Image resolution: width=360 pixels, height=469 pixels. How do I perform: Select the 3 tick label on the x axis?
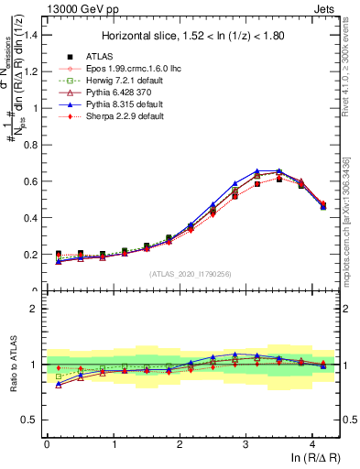246,445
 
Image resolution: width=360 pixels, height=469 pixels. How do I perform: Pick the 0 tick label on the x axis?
47,445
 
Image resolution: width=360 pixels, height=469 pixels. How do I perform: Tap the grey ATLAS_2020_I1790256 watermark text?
191,274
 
